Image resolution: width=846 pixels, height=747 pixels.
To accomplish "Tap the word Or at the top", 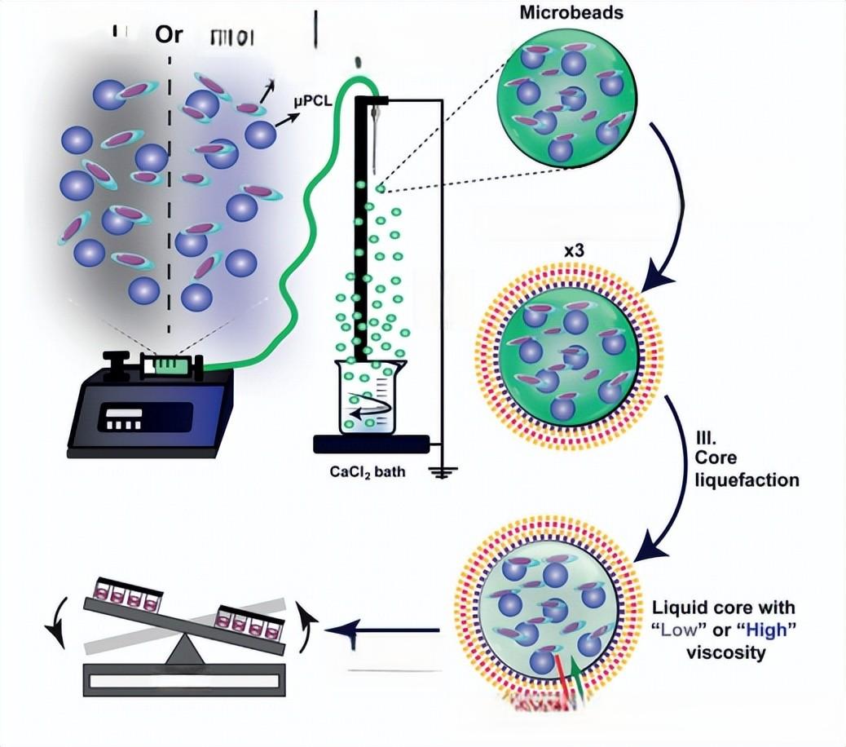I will point(169,35).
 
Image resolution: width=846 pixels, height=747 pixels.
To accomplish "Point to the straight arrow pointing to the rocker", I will point(383,630).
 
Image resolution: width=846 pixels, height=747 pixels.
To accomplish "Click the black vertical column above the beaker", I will point(362,228).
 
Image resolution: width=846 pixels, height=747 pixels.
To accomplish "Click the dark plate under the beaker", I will point(371,444).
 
